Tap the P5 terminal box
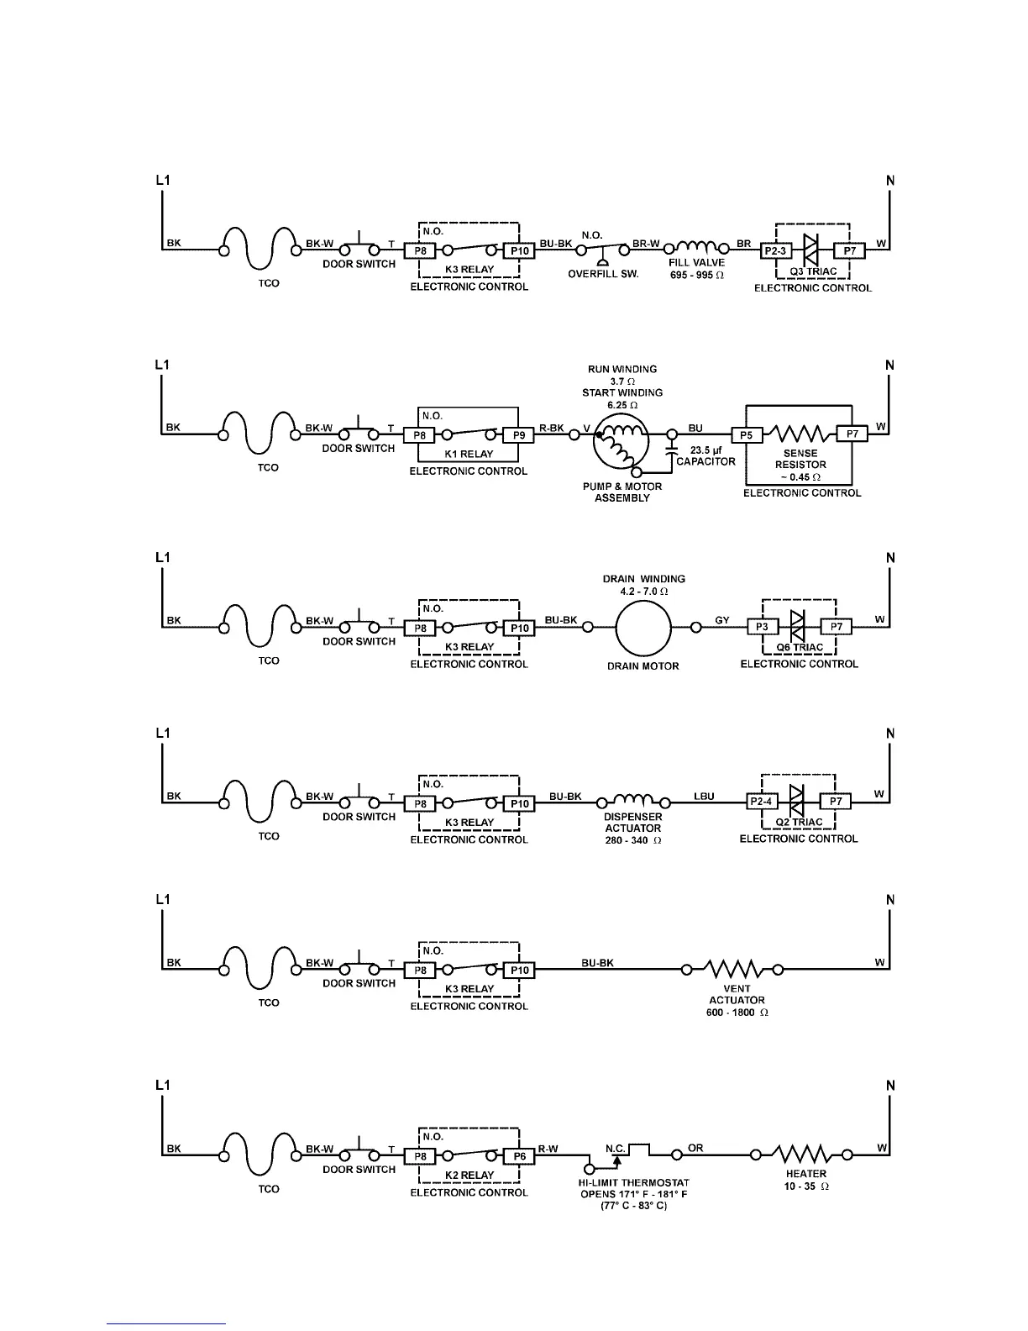coord(747,434)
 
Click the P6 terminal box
coord(519,1156)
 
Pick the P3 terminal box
coord(763,627)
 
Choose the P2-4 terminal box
coord(762,802)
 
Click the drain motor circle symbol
coord(643,627)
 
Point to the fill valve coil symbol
coord(696,247)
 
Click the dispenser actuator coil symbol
coord(632,799)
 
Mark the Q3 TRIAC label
coord(813,272)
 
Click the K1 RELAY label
coord(469,455)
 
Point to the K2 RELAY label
coord(469,1176)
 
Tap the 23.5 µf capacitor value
coord(705,450)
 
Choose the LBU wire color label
coord(704,796)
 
